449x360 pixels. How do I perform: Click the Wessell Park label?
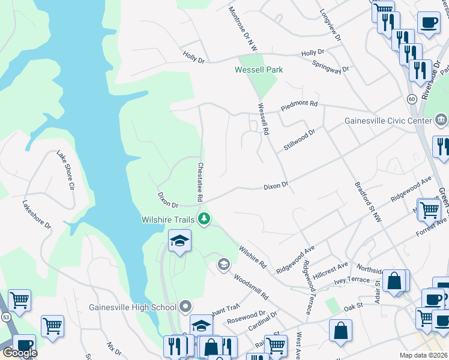(x=258, y=70)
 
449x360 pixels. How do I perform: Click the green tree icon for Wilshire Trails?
(x=205, y=219)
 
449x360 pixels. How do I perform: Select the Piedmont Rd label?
(x=298, y=107)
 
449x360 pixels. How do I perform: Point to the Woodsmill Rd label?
(x=251, y=288)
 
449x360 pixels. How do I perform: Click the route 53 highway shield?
(x=5, y=316)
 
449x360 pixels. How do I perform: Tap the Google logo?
(x=20, y=353)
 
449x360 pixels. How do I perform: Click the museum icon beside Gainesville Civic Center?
(x=441, y=121)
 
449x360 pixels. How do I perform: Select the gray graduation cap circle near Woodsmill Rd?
(x=224, y=264)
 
